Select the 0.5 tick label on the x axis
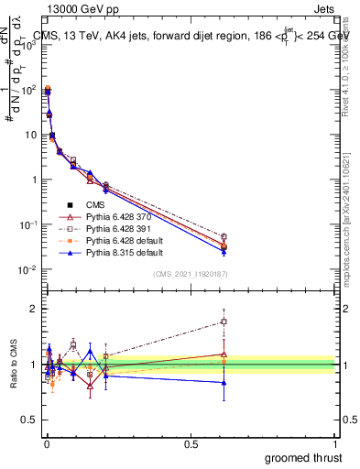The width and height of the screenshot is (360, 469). coord(191,443)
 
